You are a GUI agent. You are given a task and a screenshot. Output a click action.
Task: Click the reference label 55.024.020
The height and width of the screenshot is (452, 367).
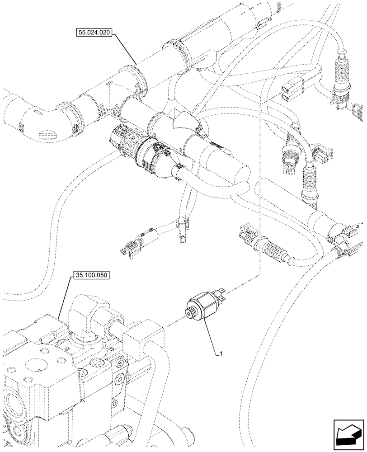tap(94, 33)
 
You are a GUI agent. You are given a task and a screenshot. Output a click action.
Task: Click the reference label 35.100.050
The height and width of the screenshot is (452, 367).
tap(90, 275)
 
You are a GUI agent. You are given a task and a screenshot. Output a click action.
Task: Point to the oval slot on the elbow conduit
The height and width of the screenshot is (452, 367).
tap(47, 134)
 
